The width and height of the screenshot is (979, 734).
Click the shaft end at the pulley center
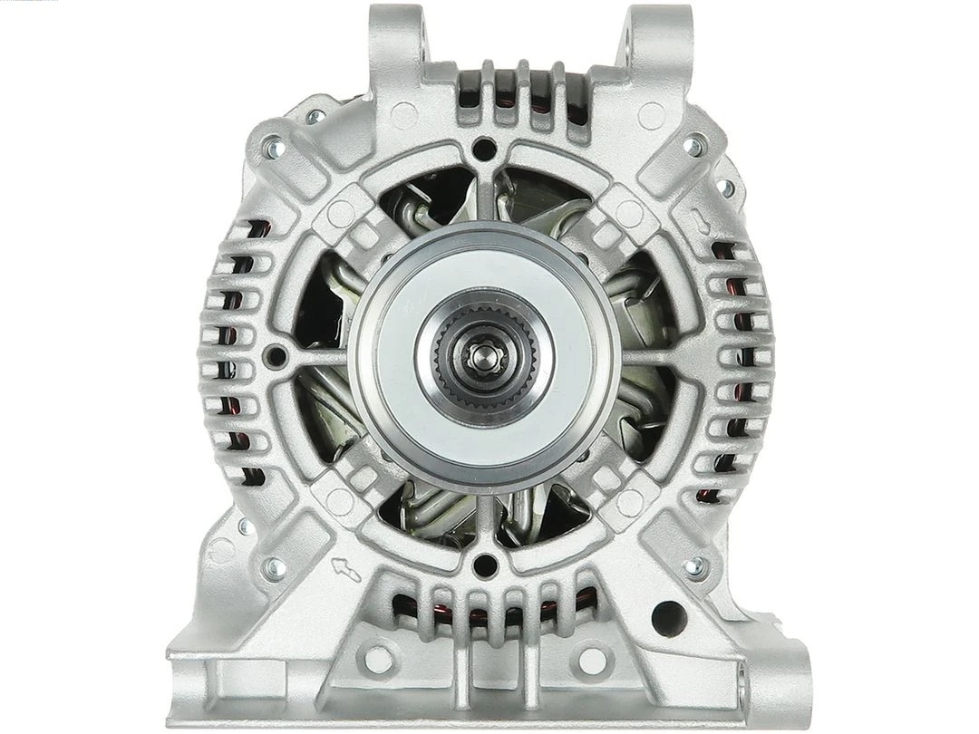[485, 355]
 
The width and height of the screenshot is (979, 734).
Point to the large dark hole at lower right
[669, 618]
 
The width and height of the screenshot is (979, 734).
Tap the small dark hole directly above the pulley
[485, 148]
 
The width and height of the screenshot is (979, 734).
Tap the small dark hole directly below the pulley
[485, 565]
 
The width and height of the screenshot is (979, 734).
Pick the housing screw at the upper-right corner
[694, 146]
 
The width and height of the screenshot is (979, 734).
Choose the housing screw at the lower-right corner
[694, 567]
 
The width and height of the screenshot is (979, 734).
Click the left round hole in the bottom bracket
[379, 659]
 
